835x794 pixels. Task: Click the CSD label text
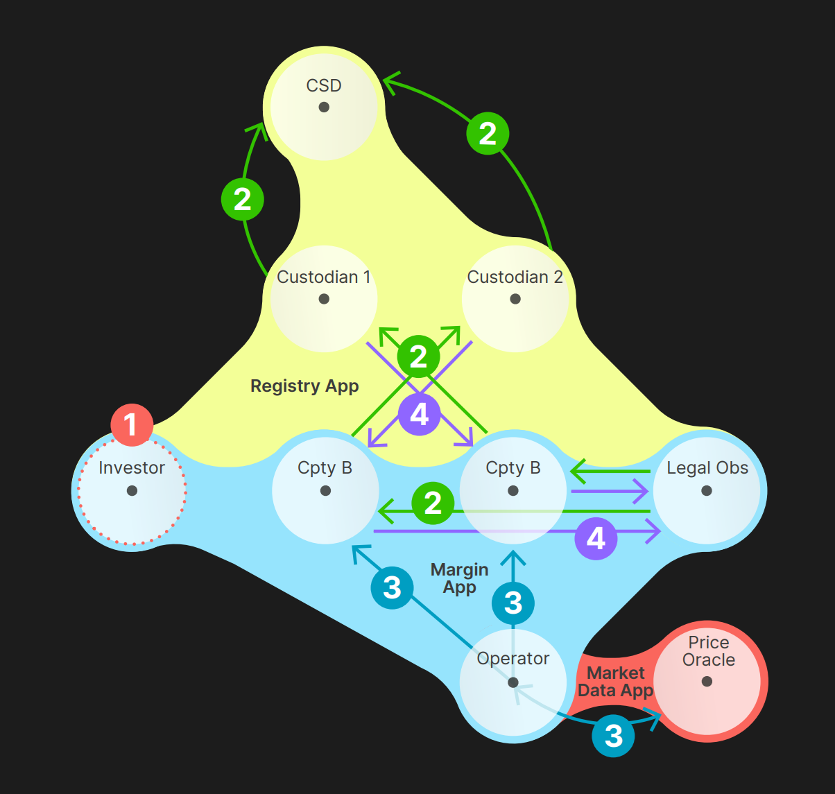[x=324, y=85]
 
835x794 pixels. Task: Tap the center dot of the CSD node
[x=324, y=107]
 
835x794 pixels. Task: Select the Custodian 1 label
[x=323, y=277]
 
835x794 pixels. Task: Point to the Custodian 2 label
[x=515, y=277]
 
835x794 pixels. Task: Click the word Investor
[x=132, y=468]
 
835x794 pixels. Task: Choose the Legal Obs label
[x=707, y=468]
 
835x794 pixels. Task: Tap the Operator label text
[x=513, y=658]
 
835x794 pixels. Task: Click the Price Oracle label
[x=708, y=651]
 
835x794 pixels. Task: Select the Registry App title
[x=304, y=386]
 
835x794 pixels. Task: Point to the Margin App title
[x=459, y=578]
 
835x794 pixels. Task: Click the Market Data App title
[x=616, y=682]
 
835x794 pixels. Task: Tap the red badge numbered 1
[x=132, y=424]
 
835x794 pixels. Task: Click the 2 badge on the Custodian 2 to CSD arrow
[x=488, y=134]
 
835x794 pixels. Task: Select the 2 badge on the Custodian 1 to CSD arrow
[x=242, y=199]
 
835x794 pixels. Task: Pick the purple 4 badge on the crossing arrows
[x=419, y=415]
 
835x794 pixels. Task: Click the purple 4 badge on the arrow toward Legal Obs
[x=596, y=538]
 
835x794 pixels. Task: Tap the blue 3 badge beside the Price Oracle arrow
[x=613, y=736]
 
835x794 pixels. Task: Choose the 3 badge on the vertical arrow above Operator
[x=513, y=603]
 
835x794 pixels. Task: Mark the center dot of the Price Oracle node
[x=707, y=682]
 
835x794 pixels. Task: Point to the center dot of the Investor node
[x=132, y=491]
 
